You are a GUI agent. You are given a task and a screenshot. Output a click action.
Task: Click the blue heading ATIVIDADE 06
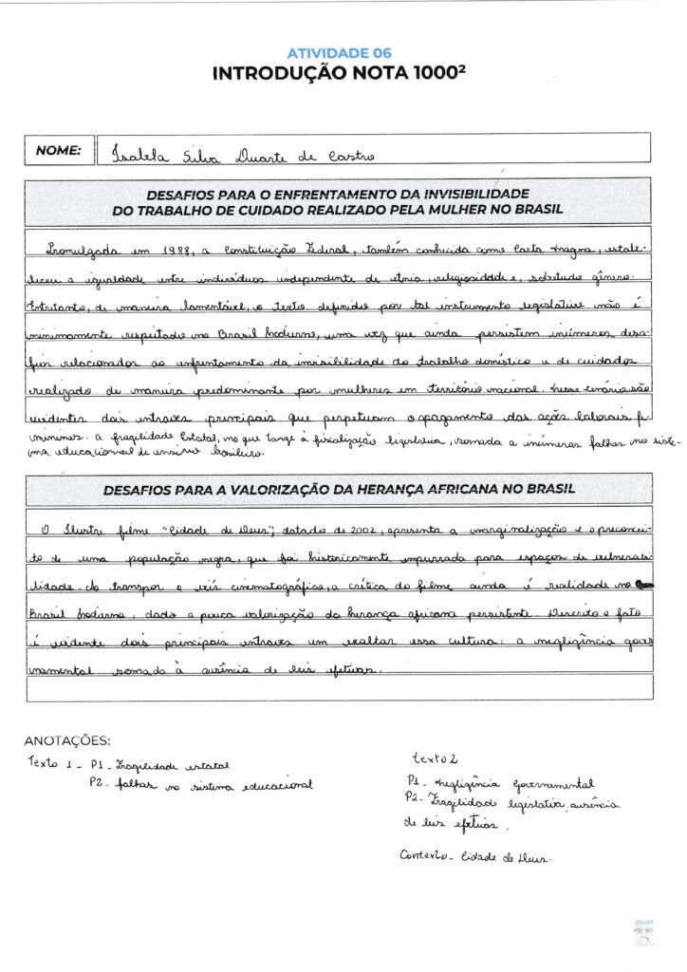(x=339, y=53)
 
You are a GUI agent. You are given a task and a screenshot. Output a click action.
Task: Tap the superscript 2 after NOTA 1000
(x=469, y=68)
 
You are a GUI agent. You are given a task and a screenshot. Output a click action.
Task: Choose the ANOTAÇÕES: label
(x=66, y=740)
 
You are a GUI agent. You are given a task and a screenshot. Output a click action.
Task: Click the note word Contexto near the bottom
(x=424, y=856)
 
